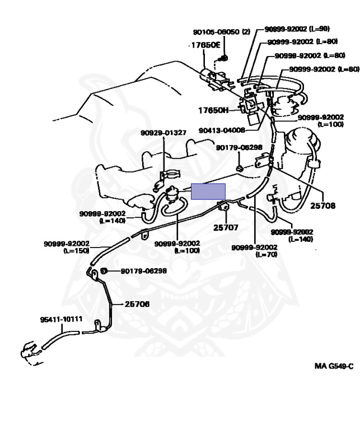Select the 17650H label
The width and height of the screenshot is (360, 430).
pyautogui.click(x=213, y=110)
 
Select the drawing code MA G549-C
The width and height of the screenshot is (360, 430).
pyautogui.click(x=334, y=366)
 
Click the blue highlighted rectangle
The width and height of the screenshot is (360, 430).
pyautogui.click(x=208, y=191)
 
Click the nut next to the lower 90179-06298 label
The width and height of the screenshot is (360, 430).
pyautogui.click(x=104, y=272)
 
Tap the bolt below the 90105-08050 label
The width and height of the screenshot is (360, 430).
pyautogui.click(x=223, y=58)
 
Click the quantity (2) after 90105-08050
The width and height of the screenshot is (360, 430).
pyautogui.click(x=245, y=32)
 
